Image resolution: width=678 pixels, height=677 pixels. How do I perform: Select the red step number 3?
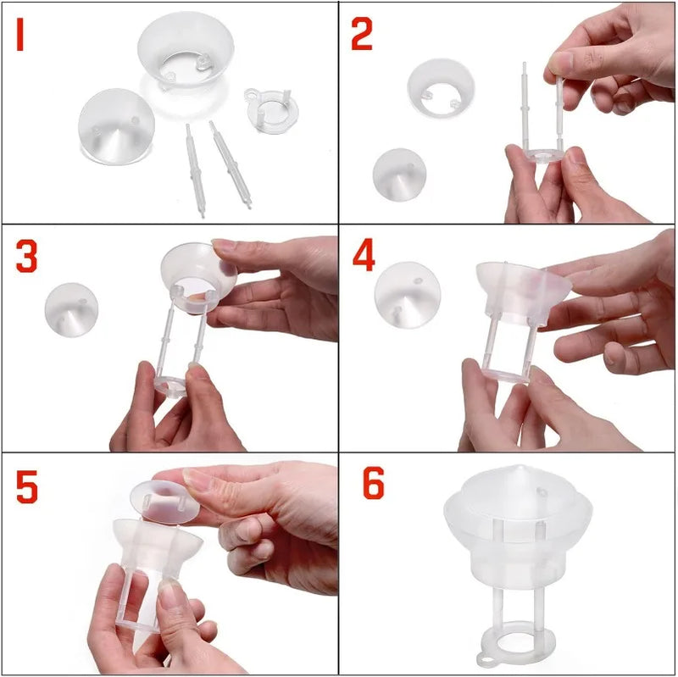(x=27, y=257)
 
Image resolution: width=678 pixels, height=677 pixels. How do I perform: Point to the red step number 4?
(x=364, y=257)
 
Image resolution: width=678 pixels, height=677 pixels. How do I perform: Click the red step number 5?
(x=27, y=486)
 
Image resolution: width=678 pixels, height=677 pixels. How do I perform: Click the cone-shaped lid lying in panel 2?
(x=399, y=174)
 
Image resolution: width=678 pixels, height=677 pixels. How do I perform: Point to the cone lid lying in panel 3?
(x=71, y=309)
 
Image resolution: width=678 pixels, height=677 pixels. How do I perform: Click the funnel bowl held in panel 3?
(x=198, y=271)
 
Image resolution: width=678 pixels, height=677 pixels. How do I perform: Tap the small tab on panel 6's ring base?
(x=486, y=659)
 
